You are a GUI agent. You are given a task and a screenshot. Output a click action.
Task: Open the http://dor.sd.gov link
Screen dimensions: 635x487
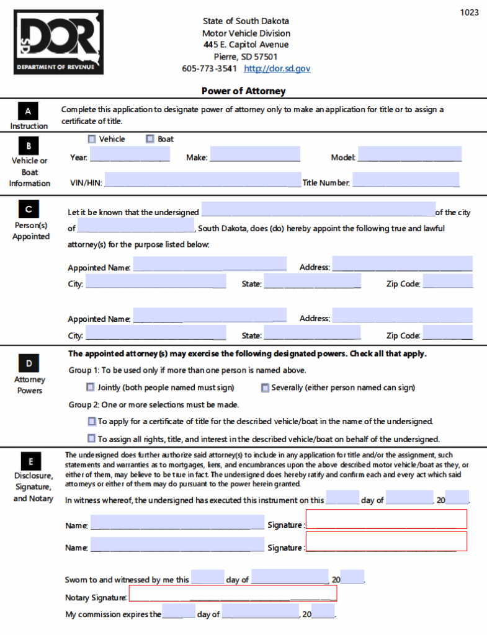point(277,68)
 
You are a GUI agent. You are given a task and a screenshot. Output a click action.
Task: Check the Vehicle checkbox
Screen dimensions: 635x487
point(92,139)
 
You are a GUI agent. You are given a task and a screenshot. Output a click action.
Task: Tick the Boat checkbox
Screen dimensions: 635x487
point(150,139)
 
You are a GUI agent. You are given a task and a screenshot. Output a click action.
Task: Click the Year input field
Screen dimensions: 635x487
point(130,154)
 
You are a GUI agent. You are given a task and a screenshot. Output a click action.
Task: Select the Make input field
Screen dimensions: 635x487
point(255,154)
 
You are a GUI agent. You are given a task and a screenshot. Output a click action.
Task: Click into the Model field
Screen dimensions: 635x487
point(409,154)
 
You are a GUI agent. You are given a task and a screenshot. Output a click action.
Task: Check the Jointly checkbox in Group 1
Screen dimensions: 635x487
point(91,388)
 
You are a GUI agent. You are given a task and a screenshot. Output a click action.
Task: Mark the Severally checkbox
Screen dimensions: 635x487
point(266,388)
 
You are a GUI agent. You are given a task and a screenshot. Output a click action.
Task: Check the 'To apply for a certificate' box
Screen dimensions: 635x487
point(92,422)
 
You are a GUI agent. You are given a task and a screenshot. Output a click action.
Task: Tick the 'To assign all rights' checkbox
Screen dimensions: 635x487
point(92,439)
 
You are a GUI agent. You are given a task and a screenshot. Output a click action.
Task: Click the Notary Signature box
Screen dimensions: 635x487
point(233,593)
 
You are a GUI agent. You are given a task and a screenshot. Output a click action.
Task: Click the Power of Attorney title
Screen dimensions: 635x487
point(243,91)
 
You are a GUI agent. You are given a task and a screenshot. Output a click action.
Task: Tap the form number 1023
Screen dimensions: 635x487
point(469,12)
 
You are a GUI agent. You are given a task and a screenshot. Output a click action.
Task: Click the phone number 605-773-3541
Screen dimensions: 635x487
point(210,68)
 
